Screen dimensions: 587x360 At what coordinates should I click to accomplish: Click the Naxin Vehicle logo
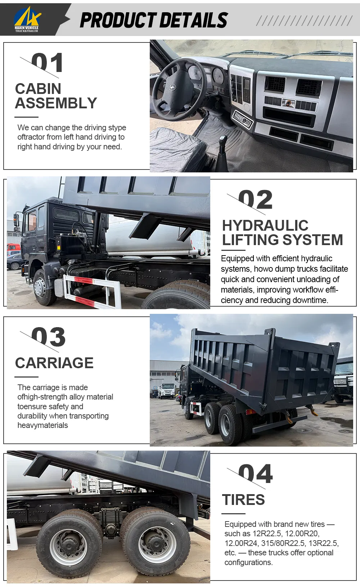(27, 19)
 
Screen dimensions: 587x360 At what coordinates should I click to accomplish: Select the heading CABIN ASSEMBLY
(56, 96)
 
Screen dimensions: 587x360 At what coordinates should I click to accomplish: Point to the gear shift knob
(223, 140)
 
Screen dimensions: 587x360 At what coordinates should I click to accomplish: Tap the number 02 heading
(255, 200)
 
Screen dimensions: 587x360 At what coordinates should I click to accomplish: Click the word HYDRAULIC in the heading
(265, 226)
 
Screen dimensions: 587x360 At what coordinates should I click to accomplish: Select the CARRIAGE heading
(54, 363)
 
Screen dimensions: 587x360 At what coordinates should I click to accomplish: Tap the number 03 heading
(48, 337)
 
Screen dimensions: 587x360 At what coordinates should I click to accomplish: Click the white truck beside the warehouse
(166, 391)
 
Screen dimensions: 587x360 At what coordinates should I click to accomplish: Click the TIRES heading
(243, 500)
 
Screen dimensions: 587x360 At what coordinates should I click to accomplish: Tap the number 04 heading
(255, 474)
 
